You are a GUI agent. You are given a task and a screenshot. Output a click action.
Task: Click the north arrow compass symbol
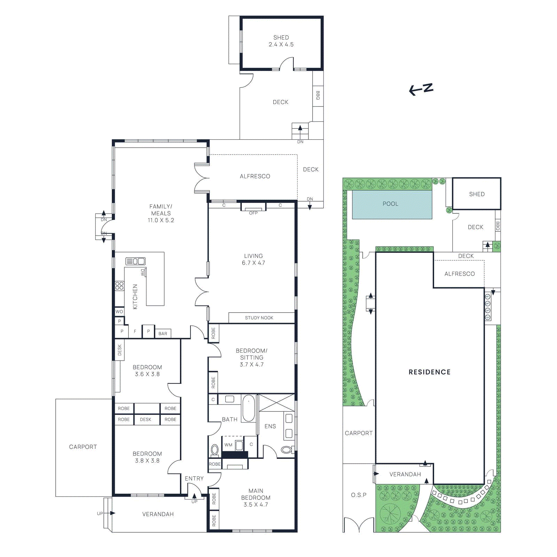point(421,89)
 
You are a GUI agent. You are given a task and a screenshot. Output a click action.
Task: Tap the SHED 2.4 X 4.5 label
point(281,41)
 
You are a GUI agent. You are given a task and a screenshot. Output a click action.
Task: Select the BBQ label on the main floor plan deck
point(318,95)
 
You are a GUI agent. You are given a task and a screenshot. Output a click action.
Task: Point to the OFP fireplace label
point(253,213)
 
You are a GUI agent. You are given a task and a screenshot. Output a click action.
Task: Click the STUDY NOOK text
point(259,318)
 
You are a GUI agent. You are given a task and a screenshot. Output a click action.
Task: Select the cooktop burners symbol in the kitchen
point(119,286)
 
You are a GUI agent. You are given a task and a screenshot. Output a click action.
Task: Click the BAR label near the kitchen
point(163,334)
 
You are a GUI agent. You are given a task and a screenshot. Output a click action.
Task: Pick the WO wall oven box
point(119,312)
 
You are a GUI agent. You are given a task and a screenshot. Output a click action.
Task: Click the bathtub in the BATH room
point(249,408)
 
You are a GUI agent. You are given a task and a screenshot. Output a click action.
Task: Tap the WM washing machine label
point(228,445)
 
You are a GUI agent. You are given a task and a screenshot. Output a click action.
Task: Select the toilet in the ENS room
point(287,450)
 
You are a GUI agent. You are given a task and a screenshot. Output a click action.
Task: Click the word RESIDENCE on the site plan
point(430,372)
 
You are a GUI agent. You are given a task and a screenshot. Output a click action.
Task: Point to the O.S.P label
point(359,495)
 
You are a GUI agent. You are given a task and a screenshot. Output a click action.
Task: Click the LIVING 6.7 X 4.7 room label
point(253,259)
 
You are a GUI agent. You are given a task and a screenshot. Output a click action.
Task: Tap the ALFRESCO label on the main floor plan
point(255,176)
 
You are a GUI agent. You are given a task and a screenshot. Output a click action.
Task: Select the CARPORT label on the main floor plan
point(83,447)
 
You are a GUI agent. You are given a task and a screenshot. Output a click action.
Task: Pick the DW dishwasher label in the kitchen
point(143,273)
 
